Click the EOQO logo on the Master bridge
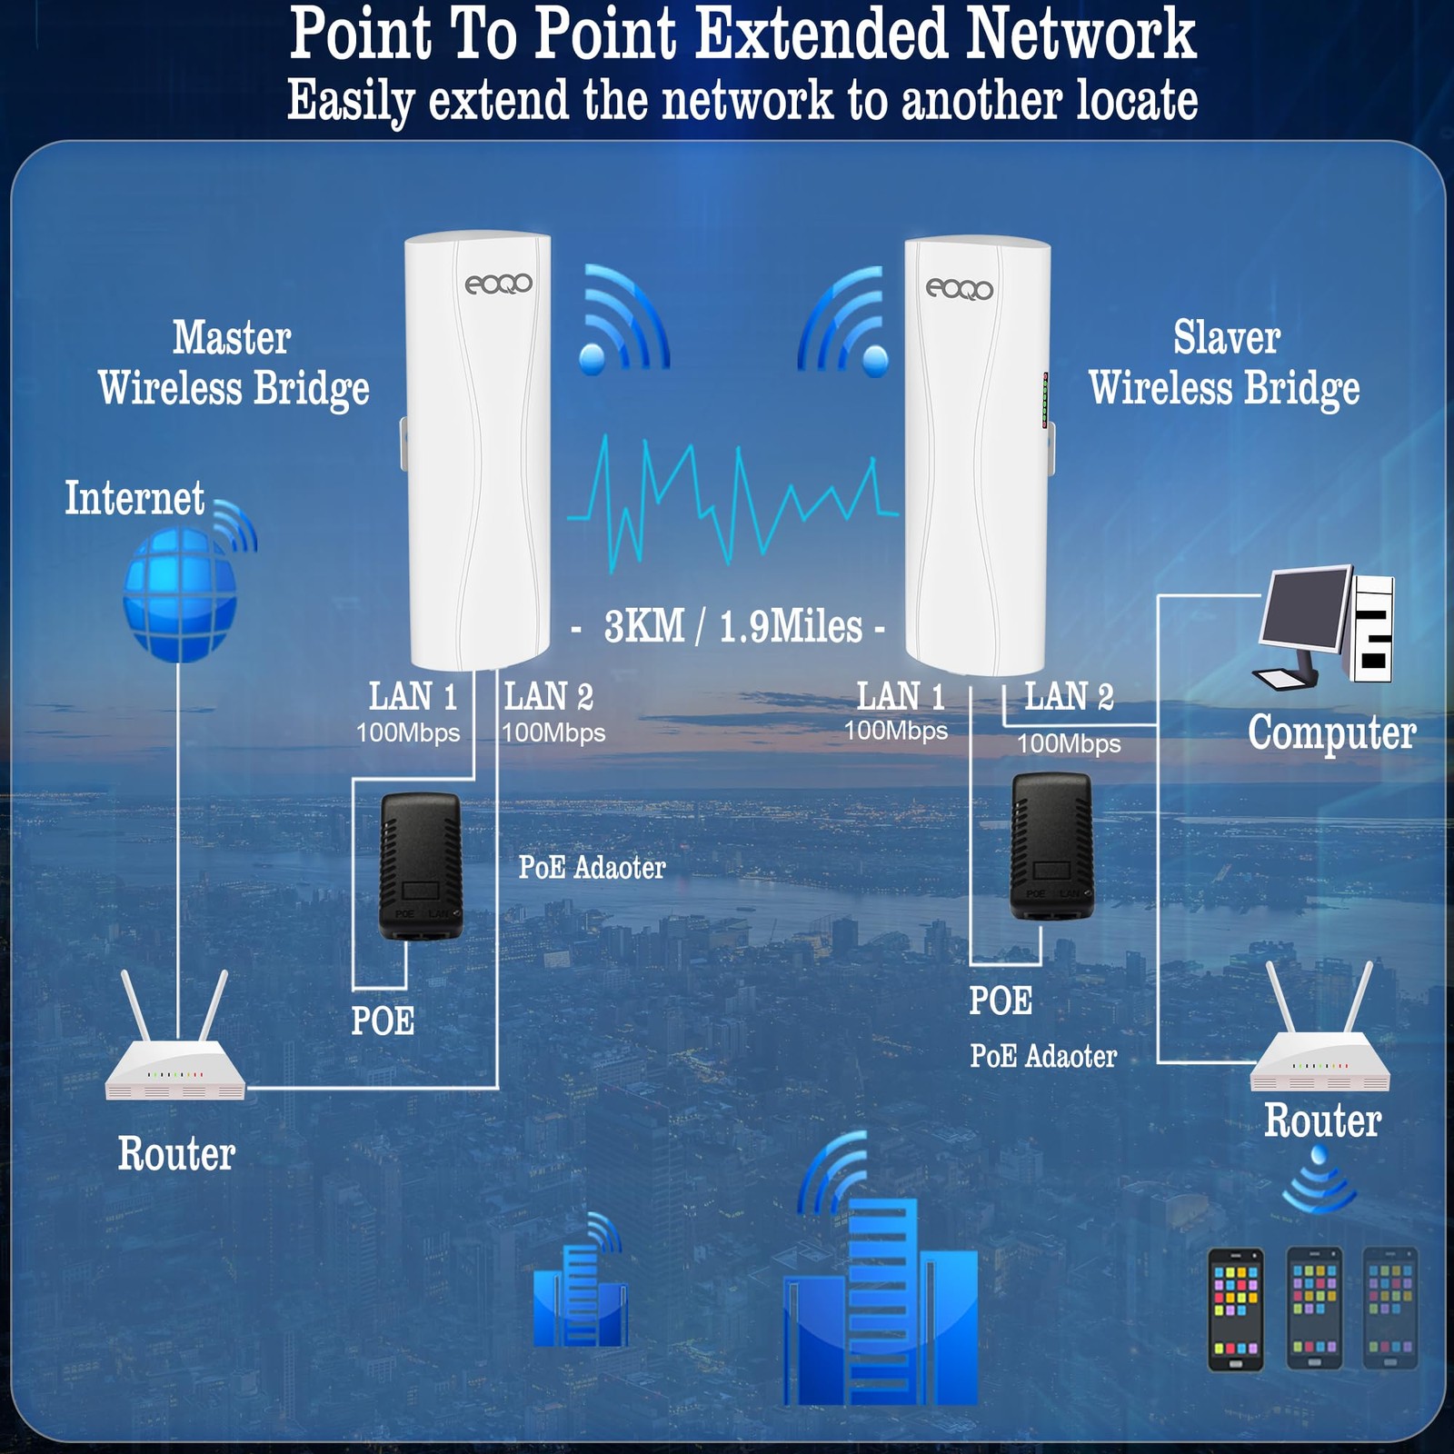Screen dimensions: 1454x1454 click(498, 284)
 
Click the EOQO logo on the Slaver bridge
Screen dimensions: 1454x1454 click(959, 290)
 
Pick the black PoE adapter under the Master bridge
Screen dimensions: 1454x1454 click(420, 866)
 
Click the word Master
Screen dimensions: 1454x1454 click(232, 338)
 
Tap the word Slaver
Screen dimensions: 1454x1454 click(1226, 338)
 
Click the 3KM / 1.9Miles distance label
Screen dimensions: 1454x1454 click(732, 627)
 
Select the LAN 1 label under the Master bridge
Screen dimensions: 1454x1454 click(413, 697)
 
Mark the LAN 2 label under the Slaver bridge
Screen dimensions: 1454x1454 click(1069, 697)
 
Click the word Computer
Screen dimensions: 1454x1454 click(1331, 732)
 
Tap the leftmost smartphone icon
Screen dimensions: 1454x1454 click(1235, 1310)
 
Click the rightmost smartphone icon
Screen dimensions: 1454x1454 click(1389, 1308)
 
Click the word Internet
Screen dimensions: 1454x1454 click(134, 499)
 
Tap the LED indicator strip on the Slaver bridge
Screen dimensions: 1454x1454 click(1045, 400)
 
